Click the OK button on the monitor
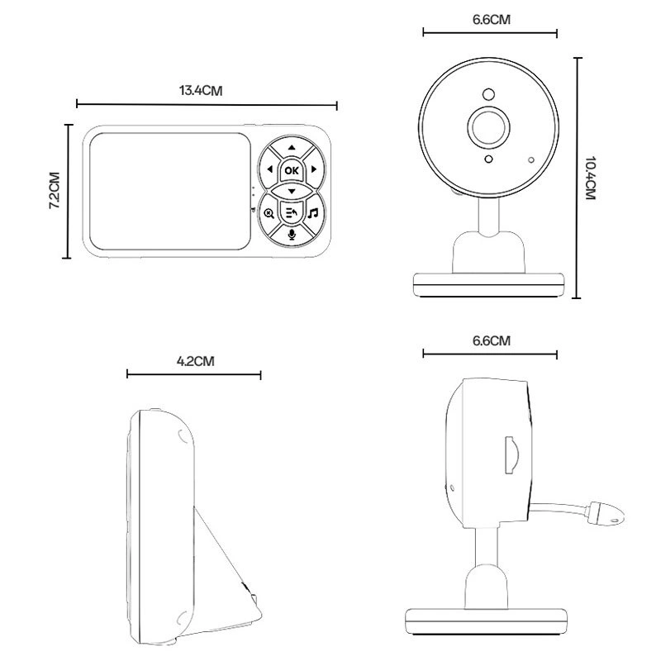point(292,170)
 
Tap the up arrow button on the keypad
point(292,148)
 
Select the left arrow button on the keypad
point(269,169)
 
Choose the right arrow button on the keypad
point(313,169)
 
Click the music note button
point(313,213)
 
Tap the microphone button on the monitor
point(292,234)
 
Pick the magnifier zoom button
point(269,213)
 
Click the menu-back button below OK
point(292,212)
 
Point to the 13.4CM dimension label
point(201,91)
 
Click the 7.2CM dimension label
point(55,190)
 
